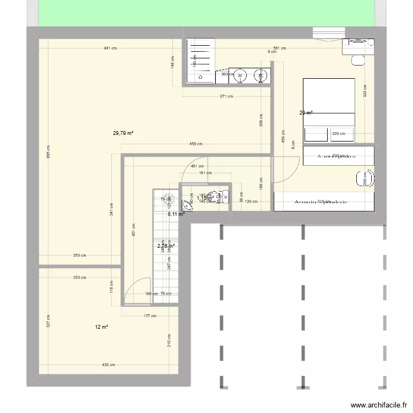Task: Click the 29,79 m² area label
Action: (x=124, y=133)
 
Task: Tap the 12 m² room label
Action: (x=101, y=327)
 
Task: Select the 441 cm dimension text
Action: (x=110, y=48)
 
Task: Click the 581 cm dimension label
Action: (x=280, y=48)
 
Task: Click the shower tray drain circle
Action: (x=200, y=78)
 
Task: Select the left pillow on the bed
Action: (x=316, y=133)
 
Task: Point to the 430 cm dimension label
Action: (x=108, y=365)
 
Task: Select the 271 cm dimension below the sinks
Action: (x=226, y=96)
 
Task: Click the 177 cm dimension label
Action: (x=150, y=316)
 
